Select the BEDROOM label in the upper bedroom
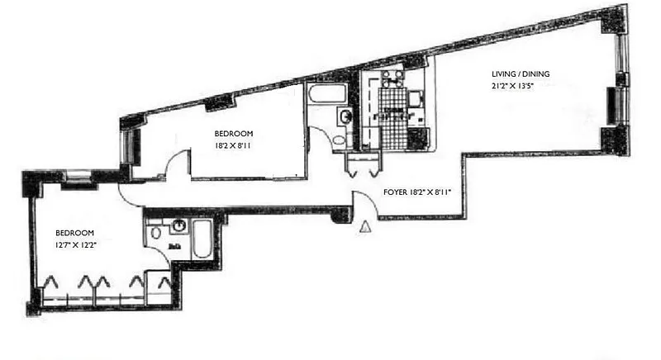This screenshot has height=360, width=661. pos(234,134)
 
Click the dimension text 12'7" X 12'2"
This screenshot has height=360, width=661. pos(74,245)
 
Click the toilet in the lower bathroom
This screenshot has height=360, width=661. pos(156,234)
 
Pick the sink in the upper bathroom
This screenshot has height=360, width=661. pos(345,118)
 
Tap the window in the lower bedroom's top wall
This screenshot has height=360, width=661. pos(79,174)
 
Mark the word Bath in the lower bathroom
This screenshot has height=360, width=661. pos(174,245)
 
